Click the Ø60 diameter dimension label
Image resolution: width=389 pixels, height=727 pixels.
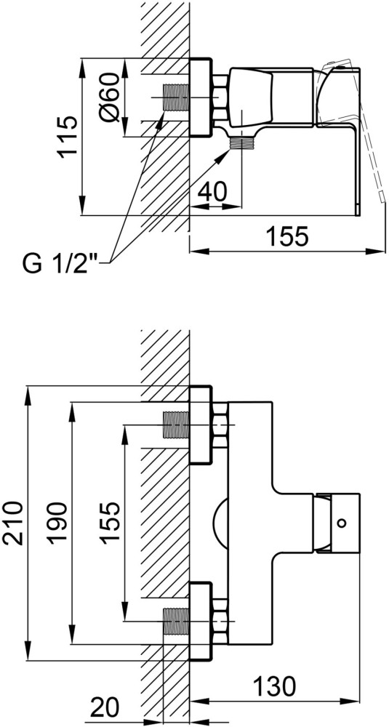113,97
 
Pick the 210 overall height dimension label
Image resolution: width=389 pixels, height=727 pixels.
12,522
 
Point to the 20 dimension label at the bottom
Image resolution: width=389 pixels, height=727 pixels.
105,708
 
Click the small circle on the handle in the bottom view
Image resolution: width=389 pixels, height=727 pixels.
342,523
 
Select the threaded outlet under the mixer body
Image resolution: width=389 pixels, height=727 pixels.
241,144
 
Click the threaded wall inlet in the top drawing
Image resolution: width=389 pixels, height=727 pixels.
176,97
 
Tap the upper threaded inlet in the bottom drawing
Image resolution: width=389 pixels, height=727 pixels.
176,425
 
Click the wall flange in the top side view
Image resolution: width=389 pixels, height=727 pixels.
200,97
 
